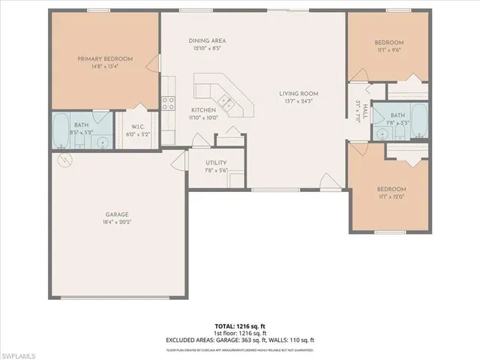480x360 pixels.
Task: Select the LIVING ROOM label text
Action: [299, 94]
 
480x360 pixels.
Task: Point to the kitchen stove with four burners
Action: [169, 103]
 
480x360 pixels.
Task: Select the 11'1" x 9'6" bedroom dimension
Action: [389, 51]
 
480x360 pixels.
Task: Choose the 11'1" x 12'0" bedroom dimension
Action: [391, 197]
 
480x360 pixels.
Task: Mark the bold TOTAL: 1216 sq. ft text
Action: [239, 327]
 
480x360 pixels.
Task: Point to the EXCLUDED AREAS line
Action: [239, 340]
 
